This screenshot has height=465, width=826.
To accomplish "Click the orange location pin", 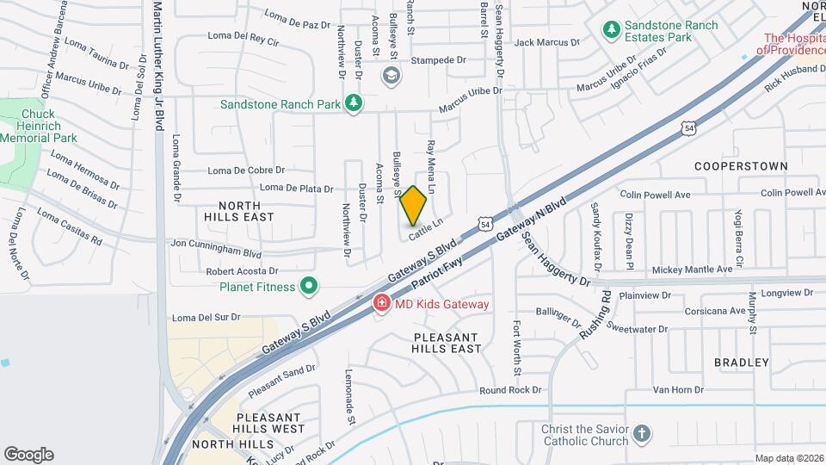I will point(414,206).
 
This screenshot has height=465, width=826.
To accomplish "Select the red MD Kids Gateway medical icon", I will point(379,303).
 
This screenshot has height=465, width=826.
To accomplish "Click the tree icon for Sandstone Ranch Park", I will point(352,103).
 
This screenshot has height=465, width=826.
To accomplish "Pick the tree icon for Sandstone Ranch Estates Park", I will point(612,31).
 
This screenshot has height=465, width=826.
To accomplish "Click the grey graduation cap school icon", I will point(392,76).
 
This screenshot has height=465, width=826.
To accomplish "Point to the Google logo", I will point(28,454).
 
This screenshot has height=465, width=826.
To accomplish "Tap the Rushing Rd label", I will point(595,314).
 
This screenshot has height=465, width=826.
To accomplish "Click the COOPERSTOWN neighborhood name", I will point(729,165).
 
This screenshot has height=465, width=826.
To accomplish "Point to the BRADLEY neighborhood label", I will point(741,363).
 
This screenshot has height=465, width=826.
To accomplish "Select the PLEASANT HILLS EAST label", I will point(447,343).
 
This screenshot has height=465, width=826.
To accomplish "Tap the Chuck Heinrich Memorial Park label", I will point(38,126).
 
